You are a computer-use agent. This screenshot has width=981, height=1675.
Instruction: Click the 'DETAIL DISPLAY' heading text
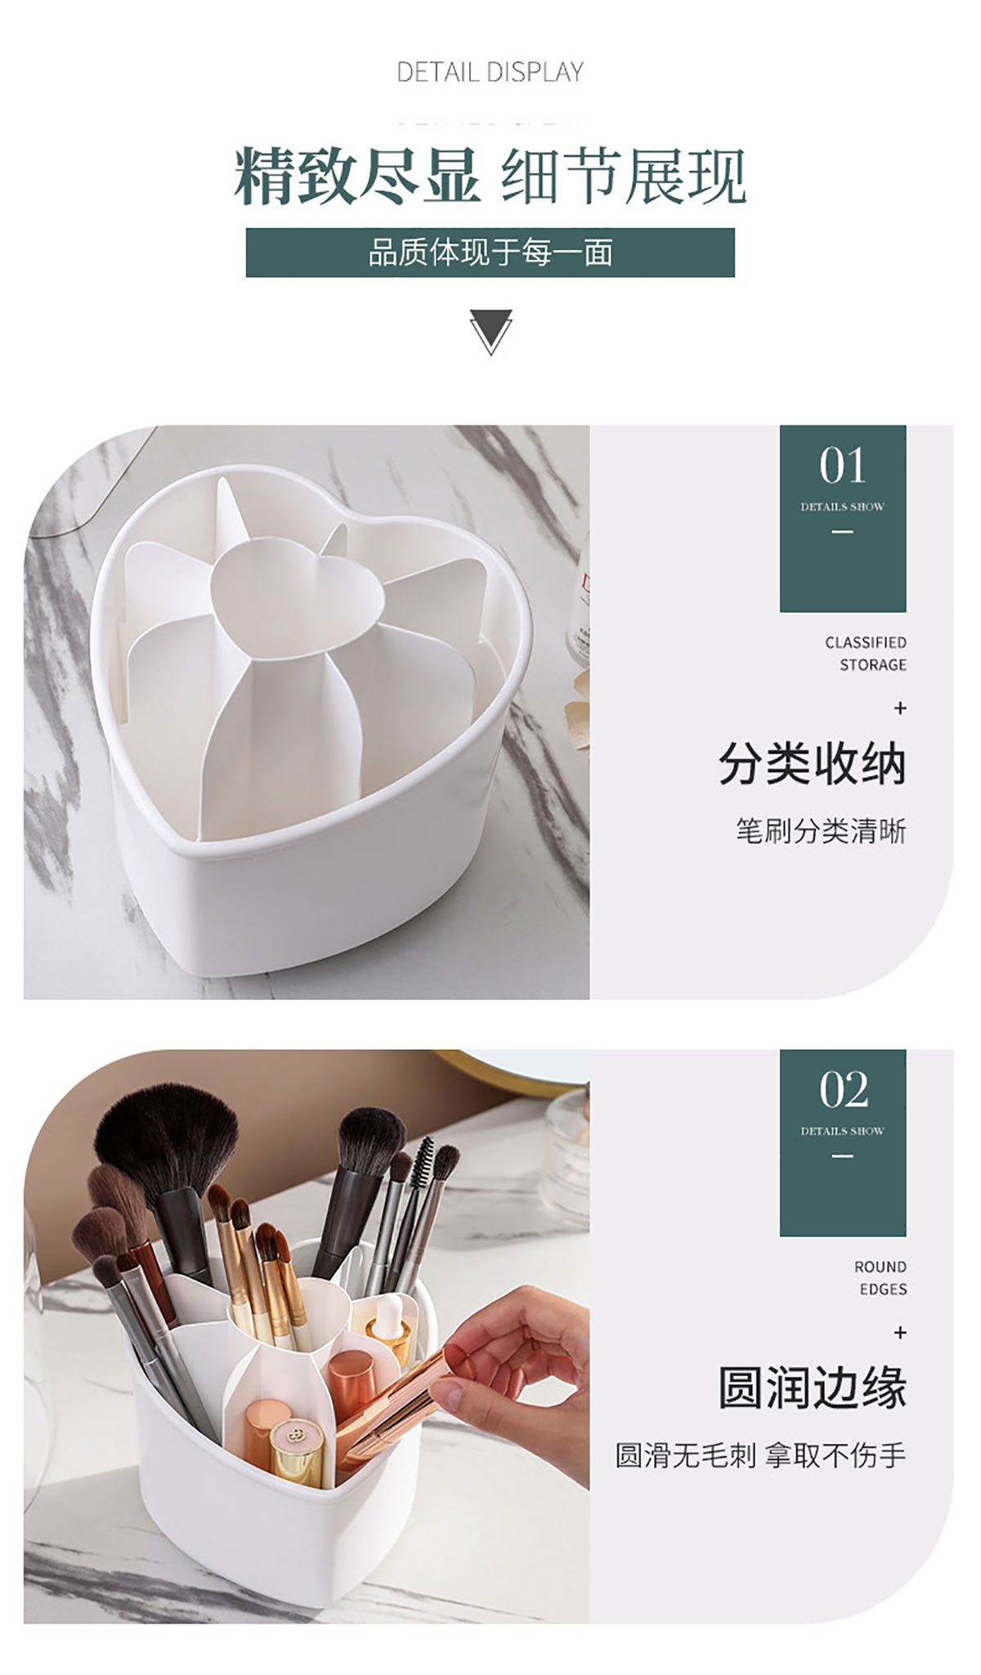490,72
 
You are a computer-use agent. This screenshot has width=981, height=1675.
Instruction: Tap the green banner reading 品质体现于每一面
490,252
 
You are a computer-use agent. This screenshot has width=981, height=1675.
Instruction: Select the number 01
843,467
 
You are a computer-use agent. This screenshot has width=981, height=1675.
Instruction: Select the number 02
843,1091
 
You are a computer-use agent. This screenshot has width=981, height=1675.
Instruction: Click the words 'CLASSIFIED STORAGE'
866,654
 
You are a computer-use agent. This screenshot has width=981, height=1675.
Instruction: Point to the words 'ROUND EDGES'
880,1278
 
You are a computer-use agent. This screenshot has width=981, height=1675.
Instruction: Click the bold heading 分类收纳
813,765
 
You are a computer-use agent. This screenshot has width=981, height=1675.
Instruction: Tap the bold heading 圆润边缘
813,1387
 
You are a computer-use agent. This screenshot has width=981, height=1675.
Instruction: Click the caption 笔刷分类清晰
821,832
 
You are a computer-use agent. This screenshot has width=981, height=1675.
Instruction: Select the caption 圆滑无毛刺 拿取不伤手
760,1455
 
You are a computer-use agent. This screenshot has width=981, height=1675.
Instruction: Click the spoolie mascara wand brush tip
422,1166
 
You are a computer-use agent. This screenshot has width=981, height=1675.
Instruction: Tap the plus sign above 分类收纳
900,708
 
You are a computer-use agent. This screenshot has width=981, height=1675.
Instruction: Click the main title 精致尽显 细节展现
490,175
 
